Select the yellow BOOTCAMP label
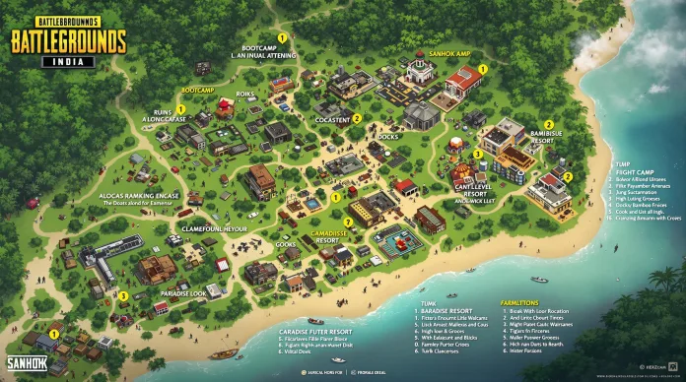[x=198, y=90]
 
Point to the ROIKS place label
[x=245, y=95]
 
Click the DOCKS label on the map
[x=388, y=137]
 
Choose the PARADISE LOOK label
[x=183, y=293]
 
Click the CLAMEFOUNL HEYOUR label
[x=213, y=228]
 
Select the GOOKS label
[x=286, y=244]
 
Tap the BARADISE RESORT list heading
[x=443, y=311]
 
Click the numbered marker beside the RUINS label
[x=181, y=108]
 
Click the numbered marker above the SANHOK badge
[x=53, y=334]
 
